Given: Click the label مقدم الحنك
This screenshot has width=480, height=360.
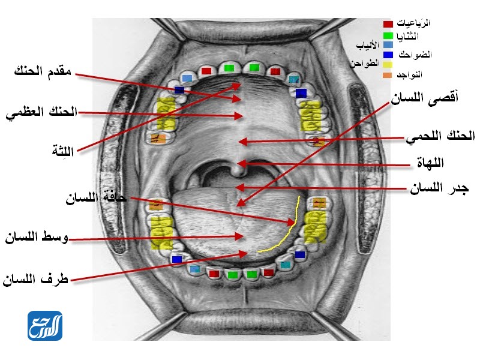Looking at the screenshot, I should [43, 71].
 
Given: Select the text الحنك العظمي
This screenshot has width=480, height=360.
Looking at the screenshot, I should [41, 113].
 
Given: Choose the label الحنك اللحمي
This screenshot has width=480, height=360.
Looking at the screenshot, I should [440, 136].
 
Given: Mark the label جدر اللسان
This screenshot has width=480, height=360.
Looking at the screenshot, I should [439, 189].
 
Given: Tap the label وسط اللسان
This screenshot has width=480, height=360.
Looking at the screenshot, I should [36, 238].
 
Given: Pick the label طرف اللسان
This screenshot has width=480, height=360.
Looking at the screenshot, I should [36, 279].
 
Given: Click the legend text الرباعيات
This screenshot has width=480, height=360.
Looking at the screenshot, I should [414, 23].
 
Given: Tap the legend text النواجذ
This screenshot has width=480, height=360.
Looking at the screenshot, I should [410, 75].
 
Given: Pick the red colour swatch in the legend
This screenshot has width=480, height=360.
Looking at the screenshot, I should [388, 24].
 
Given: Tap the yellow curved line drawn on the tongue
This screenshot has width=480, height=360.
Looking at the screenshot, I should [288, 231].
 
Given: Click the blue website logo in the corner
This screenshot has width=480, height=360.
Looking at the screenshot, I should [44, 326].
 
